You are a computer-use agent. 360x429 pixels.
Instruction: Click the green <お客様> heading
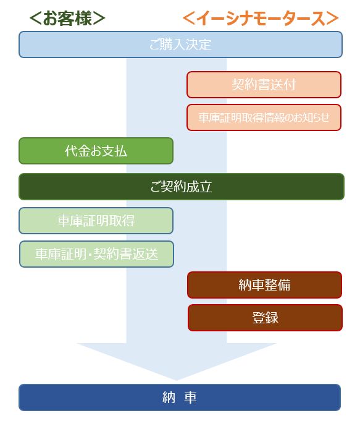[67, 19]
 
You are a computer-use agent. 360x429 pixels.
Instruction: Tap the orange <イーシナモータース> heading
[261, 19]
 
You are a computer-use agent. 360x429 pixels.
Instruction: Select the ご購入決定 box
[180, 45]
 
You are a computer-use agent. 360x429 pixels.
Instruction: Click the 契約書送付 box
[264, 85]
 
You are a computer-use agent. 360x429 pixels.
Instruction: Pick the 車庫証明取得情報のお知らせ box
[264, 117]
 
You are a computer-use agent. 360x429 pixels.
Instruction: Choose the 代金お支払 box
[96, 151]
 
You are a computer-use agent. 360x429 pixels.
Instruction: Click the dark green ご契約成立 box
[181, 187]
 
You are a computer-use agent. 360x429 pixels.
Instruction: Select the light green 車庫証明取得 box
[96, 221]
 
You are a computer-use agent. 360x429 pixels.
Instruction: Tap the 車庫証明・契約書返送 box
[96, 254]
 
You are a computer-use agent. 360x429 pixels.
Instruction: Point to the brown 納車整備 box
[265, 285]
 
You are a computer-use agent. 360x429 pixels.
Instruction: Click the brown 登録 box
[265, 318]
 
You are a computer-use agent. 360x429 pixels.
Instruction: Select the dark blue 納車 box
[180, 397]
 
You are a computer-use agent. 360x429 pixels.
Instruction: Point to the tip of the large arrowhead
[177, 380]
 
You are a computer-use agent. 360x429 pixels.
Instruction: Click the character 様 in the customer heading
[83, 19]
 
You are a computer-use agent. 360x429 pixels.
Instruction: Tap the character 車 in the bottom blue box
[191, 397]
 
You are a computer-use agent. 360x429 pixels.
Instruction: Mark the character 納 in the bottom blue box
[169, 397]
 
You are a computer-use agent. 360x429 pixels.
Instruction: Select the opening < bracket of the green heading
[36, 19]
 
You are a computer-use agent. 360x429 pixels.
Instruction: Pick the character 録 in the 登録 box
[272, 318]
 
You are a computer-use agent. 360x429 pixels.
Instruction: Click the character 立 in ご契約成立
[206, 187]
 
